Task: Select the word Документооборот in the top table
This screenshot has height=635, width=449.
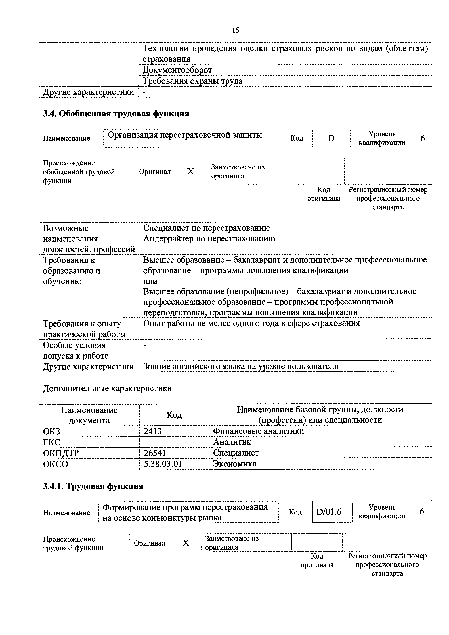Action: pyautogui.click(x=177, y=70)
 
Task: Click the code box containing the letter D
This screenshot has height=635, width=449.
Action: pyautogui.click(x=331, y=138)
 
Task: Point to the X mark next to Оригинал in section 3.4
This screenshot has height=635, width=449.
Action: pyautogui.click(x=190, y=172)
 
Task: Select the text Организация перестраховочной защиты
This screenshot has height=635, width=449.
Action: pyautogui.click(x=185, y=135)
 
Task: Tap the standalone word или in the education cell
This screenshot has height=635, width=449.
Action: pyautogui.click(x=150, y=281)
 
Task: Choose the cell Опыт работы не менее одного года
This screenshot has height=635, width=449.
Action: pyautogui.click(x=251, y=323)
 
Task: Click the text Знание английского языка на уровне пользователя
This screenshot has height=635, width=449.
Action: pyautogui.click(x=241, y=366)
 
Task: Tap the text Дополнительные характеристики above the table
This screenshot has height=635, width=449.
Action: pyautogui.click(x=107, y=388)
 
